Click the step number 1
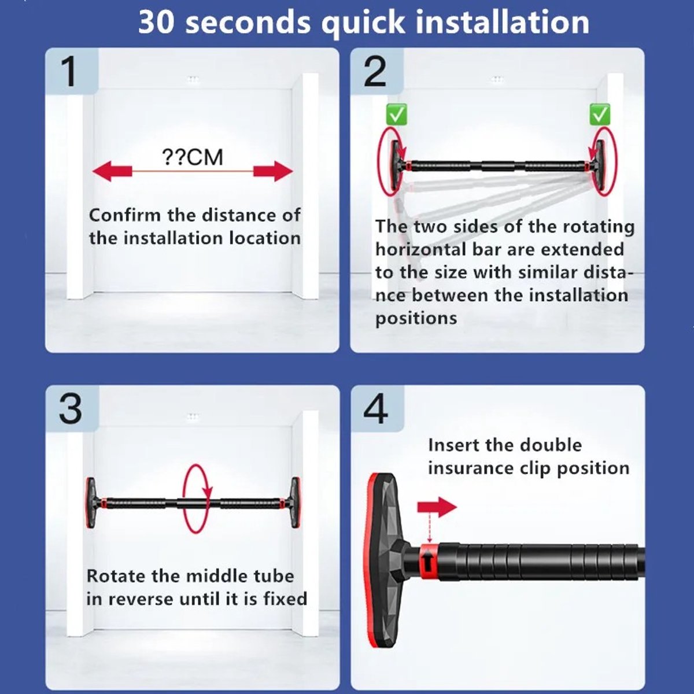pyautogui.click(x=68, y=71)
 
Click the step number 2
pyautogui.click(x=375, y=72)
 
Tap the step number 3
pyautogui.click(x=70, y=409)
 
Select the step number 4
pyautogui.click(x=376, y=409)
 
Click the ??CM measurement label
pyautogui.click(x=193, y=157)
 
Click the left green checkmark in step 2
pyautogui.click(x=397, y=115)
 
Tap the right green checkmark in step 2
pyautogui.click(x=600, y=115)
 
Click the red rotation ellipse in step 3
pyautogui.click(x=184, y=499)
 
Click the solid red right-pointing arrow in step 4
pyautogui.click(x=437, y=507)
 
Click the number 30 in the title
pyautogui.click(x=156, y=23)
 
